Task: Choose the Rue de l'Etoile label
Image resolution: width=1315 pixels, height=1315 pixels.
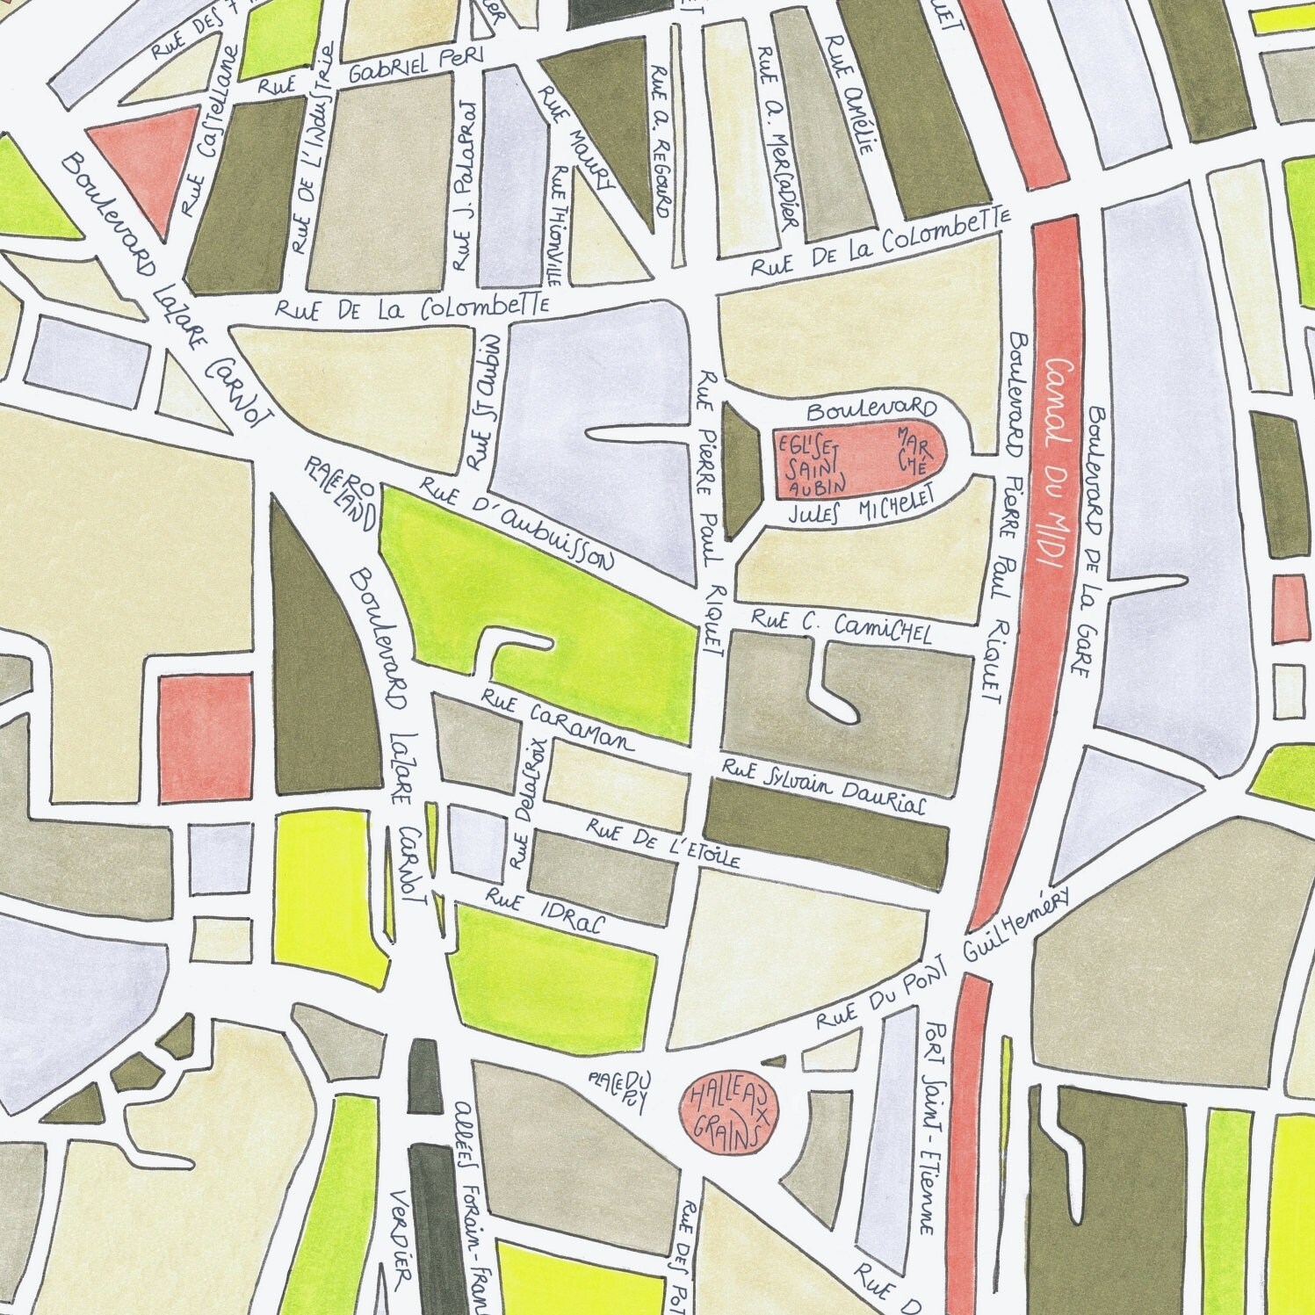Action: coord(663,843)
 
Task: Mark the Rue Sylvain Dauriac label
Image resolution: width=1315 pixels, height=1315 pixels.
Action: coord(822,787)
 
